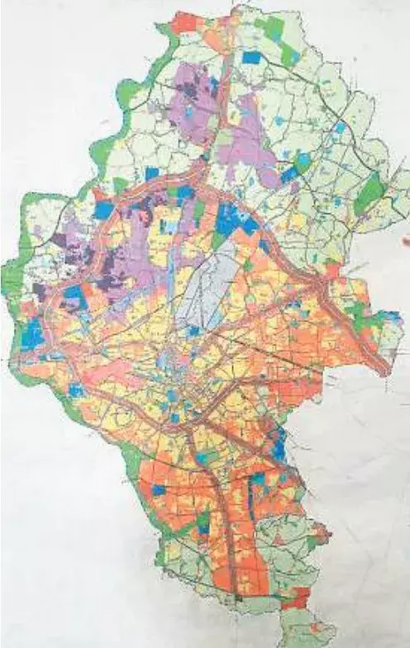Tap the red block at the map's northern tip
pyautogui.click(x=185, y=22)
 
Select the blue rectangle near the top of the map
pyautogui.click(x=251, y=58)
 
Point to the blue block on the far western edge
pyautogui.click(x=33, y=334)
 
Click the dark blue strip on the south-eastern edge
pyautogui.click(x=279, y=446)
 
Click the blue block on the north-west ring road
pyautogui.click(x=103, y=211)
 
